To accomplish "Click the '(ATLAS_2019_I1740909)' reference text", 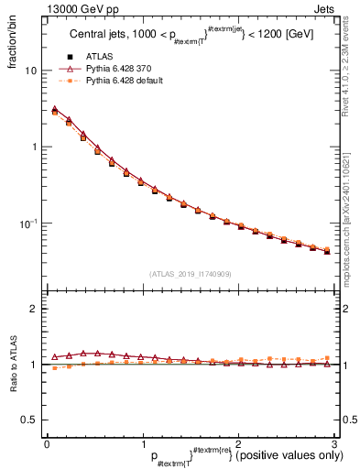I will point(191,274).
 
